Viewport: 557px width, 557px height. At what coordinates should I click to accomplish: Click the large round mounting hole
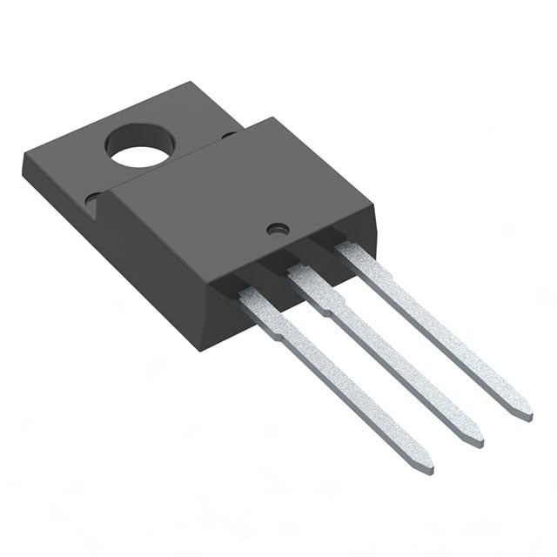pyautogui.click(x=139, y=147)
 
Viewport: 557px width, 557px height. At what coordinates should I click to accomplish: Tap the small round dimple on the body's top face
pyautogui.click(x=278, y=230)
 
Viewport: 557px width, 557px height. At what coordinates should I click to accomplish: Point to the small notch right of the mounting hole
pyautogui.click(x=228, y=136)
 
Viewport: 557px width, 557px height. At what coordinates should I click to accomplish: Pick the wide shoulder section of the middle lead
pyautogui.click(x=313, y=287)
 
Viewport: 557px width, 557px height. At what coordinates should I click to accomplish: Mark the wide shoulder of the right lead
pyautogui.click(x=360, y=262)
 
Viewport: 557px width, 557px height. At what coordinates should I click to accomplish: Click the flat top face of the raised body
pyautogui.click(x=235, y=200)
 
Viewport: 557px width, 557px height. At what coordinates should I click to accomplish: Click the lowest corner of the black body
pyautogui.click(x=202, y=349)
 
